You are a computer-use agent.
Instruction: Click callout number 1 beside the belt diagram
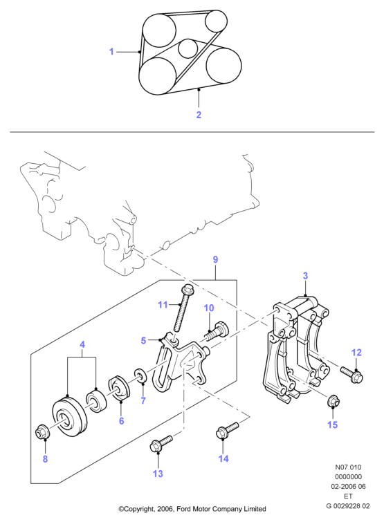tap(111, 52)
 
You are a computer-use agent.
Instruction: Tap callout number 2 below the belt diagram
tap(199, 115)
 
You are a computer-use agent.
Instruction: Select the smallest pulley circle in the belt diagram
tap(188, 48)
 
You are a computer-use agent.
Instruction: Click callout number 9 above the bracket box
tap(215, 259)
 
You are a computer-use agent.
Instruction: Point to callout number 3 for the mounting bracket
tap(305, 276)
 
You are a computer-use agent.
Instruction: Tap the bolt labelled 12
tap(351, 373)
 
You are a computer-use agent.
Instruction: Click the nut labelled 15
tap(333, 401)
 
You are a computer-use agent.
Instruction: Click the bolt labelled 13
tap(161, 443)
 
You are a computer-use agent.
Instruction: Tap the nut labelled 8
tap(43, 432)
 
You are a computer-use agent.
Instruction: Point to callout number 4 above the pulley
tap(82, 344)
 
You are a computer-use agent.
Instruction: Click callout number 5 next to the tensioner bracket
tap(143, 341)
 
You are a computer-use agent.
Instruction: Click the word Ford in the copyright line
tap(183, 509)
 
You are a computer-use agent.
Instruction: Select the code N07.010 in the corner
tap(348, 467)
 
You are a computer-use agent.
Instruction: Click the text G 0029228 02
tap(348, 506)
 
